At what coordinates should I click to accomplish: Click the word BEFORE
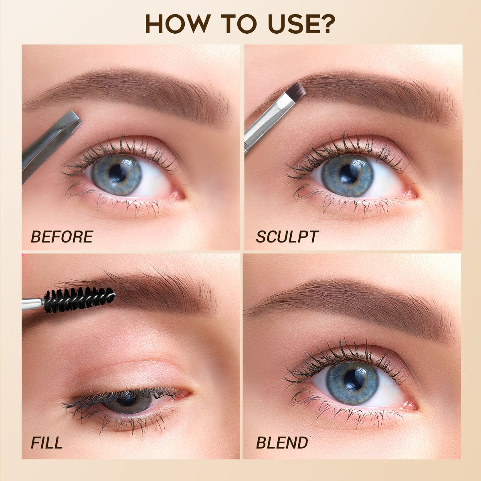pyautogui.click(x=62, y=237)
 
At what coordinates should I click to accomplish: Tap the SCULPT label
pyautogui.click(x=287, y=237)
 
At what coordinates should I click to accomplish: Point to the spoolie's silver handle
pyautogui.click(x=32, y=304)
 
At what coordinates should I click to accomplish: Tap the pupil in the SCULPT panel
pyautogui.click(x=348, y=174)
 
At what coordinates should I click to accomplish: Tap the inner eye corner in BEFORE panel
pyautogui.click(x=178, y=195)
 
